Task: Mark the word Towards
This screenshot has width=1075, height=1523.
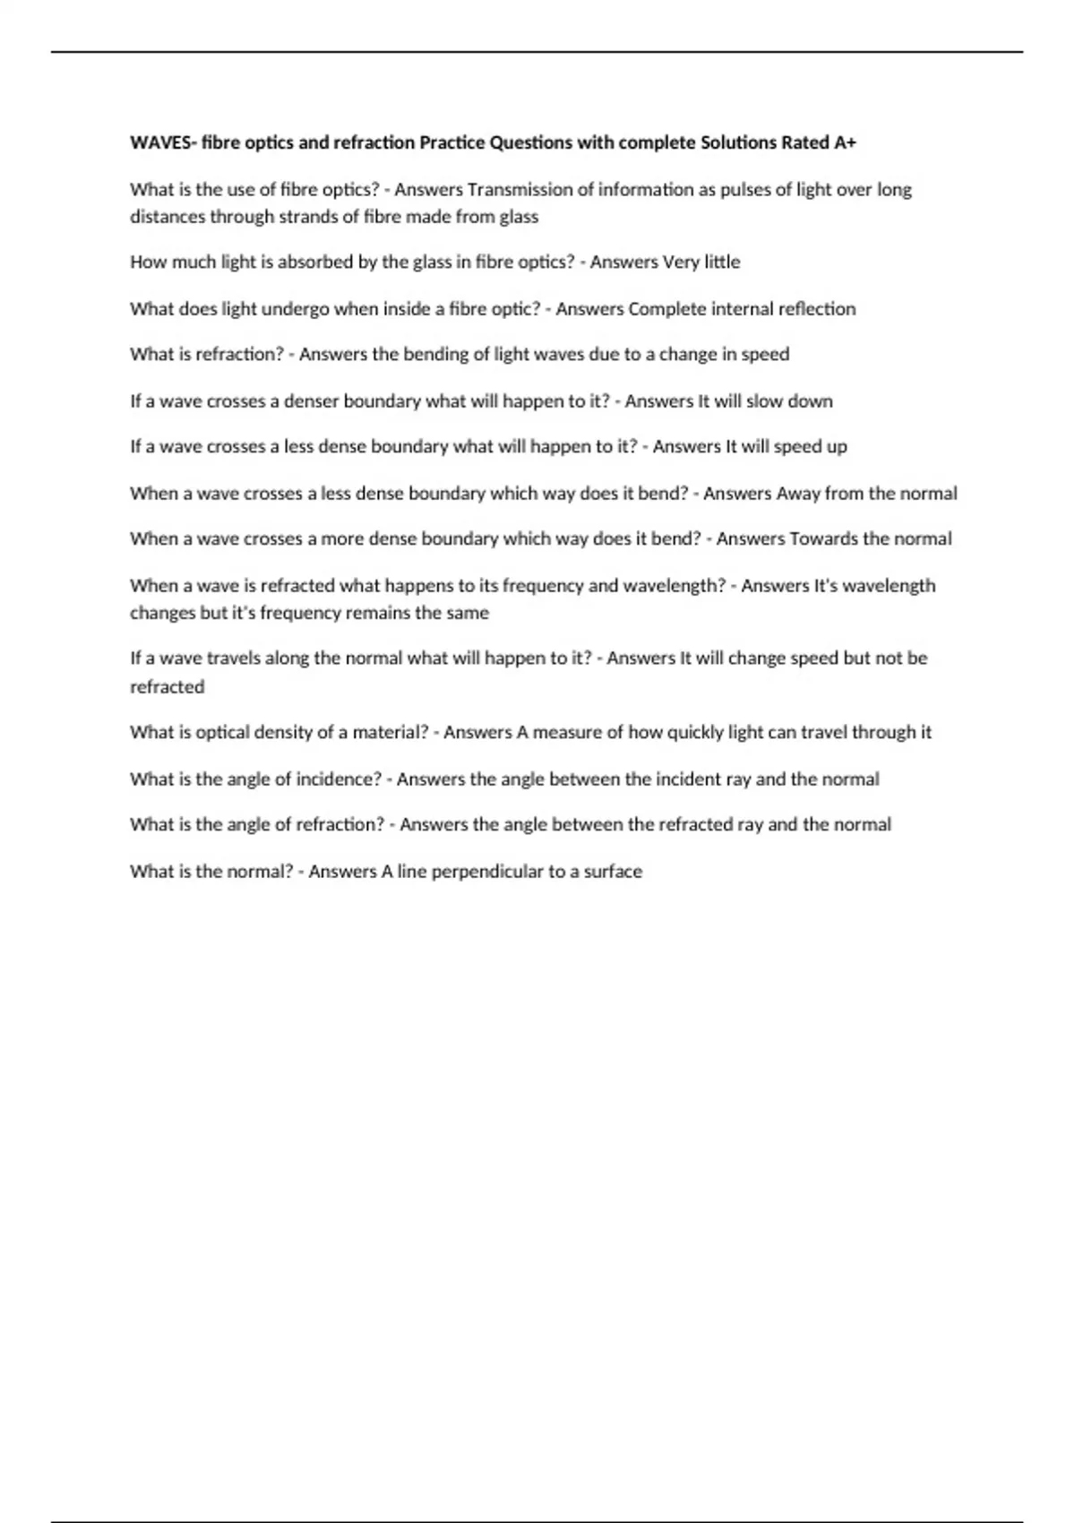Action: click(823, 539)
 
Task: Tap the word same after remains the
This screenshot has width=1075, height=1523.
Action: click(468, 614)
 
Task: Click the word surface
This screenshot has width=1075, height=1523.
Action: click(613, 872)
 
